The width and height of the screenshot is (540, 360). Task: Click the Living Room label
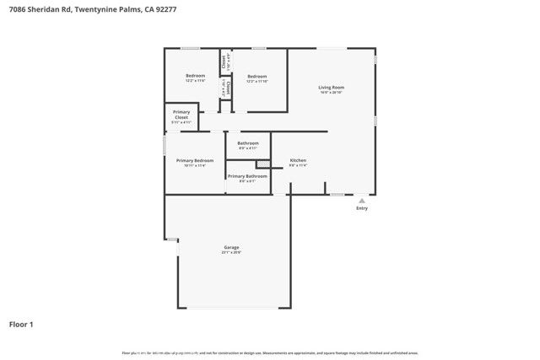coord(331,88)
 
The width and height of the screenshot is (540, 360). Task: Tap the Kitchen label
coord(298,160)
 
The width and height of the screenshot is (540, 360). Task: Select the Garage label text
coord(231,247)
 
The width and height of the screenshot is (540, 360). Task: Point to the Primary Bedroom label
coord(195,160)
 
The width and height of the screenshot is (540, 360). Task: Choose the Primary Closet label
coord(181,115)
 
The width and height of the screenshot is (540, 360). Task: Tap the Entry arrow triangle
coord(362,201)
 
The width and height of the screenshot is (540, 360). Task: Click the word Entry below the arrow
coord(362,208)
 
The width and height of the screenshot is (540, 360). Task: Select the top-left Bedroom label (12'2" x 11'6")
coord(195,76)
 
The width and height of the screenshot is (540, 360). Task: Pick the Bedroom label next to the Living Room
coord(256,77)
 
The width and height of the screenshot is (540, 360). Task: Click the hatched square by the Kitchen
coord(262,164)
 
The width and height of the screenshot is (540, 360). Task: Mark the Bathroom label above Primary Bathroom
coord(248,143)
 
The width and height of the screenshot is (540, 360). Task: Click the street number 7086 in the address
coord(17,8)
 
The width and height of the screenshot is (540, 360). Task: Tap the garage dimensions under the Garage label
coord(231,253)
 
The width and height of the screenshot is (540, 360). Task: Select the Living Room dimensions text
coord(331,94)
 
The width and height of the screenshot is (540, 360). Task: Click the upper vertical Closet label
coord(224,62)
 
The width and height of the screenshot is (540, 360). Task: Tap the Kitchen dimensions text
coord(298,166)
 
